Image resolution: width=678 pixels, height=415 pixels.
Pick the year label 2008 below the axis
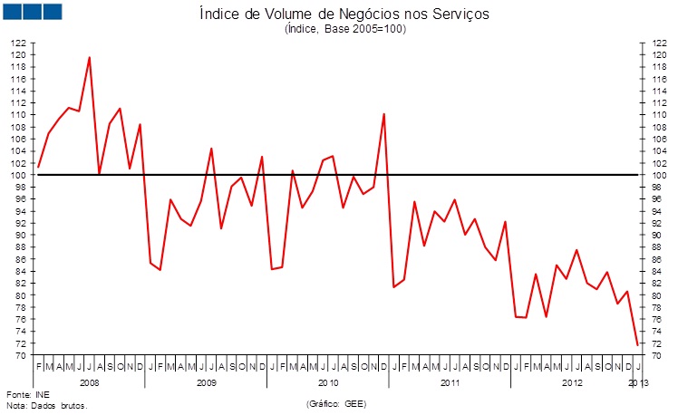90,384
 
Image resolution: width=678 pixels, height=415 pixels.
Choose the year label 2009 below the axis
206,384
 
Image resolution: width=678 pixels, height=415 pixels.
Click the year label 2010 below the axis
327,384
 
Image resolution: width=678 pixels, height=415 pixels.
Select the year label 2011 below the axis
450,384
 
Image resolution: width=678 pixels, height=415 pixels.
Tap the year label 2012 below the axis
572,384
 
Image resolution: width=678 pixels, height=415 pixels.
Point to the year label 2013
637,384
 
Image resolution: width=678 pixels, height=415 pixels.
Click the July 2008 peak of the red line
89,57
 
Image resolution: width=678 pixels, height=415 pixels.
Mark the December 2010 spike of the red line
383,114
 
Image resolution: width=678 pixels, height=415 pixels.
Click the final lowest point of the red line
637,344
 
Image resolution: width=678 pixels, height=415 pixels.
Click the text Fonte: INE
27,395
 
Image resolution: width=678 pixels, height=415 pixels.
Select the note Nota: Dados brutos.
46,406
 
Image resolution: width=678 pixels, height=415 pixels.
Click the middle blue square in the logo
34,12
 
